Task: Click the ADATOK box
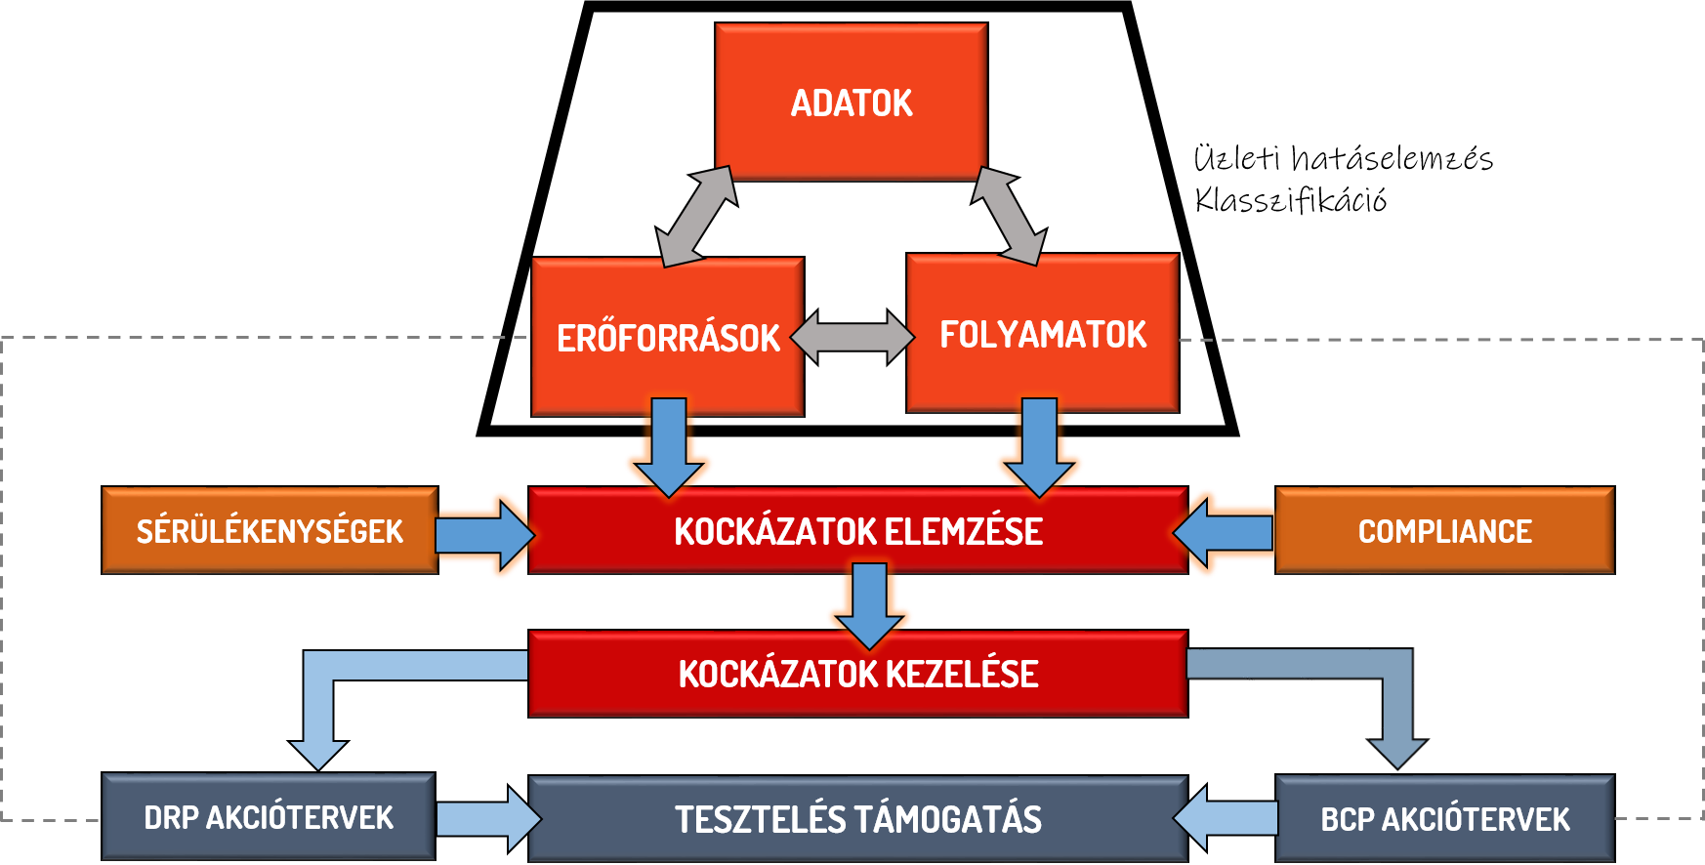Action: click(x=851, y=103)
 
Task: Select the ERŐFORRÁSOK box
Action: click(x=667, y=337)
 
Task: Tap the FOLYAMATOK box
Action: click(x=1042, y=334)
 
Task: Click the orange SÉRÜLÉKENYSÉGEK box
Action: click(x=270, y=530)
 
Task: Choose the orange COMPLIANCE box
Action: click(x=1444, y=530)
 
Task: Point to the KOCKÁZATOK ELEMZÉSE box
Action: click(x=857, y=530)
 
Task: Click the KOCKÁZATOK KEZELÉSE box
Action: click(x=857, y=674)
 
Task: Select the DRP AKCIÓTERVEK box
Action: click(x=269, y=817)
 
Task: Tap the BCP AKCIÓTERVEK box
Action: click(x=1444, y=818)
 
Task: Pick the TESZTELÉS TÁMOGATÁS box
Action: click(x=857, y=818)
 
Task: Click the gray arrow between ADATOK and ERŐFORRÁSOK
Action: click(x=696, y=217)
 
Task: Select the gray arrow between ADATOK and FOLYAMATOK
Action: click(x=1009, y=216)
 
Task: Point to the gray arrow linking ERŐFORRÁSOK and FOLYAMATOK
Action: click(x=852, y=338)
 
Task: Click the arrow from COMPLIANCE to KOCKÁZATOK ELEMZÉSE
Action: click(x=1225, y=533)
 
